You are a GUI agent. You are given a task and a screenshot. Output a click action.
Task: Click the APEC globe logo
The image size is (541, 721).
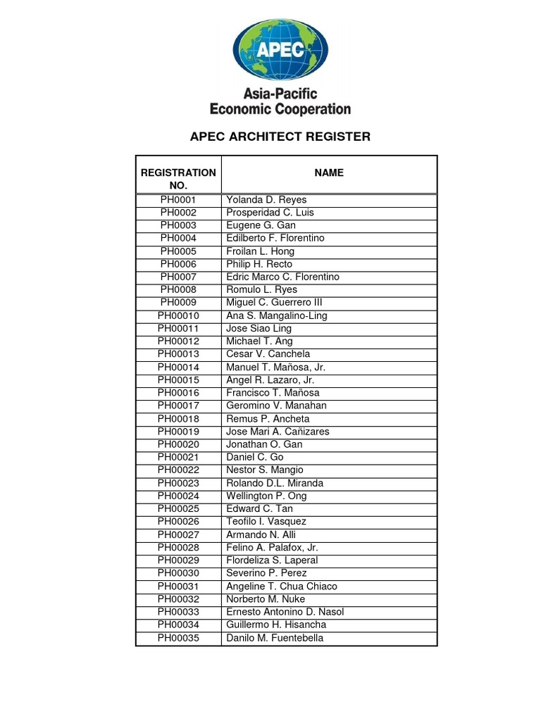[x=280, y=49]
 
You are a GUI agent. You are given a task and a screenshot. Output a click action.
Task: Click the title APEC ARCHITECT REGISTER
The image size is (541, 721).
[x=280, y=137]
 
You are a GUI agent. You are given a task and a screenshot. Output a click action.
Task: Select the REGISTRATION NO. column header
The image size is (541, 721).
[x=178, y=179]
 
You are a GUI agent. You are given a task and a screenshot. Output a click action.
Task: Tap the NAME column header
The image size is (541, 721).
[x=329, y=173]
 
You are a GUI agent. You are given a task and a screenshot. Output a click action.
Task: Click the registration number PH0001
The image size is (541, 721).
[x=178, y=200]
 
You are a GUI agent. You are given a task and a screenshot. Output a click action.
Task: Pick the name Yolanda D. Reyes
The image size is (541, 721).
[x=266, y=200]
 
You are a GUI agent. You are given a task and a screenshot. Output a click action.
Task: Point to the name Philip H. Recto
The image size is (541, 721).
[x=259, y=264]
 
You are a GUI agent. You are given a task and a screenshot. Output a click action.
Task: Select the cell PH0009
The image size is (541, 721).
[x=178, y=303]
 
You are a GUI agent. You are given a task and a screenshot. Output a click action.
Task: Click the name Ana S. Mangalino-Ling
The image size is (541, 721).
[x=276, y=315]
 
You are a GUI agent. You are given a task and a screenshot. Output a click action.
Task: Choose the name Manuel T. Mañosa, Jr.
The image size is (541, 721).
[x=275, y=367]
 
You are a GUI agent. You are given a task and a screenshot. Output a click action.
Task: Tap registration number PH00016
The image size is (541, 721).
[x=178, y=393]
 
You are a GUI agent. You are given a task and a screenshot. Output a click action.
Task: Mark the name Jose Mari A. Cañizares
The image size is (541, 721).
[x=278, y=432]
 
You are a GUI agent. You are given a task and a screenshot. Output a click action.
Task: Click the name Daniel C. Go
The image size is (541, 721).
[x=254, y=457]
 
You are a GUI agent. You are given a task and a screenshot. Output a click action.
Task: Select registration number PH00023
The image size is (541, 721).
[x=178, y=483]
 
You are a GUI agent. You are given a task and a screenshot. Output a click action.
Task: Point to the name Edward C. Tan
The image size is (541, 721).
[x=259, y=508]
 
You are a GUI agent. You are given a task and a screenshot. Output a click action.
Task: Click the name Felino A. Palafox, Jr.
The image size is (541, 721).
[x=272, y=547]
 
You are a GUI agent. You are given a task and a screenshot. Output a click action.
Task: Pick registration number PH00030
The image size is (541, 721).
[x=178, y=573]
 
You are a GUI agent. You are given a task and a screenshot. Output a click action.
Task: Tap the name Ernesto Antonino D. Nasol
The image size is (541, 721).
[x=285, y=612]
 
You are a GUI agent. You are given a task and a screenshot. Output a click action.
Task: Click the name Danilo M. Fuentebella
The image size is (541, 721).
[x=275, y=638]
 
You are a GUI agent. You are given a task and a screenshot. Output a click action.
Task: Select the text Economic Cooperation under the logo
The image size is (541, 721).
[x=280, y=109]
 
